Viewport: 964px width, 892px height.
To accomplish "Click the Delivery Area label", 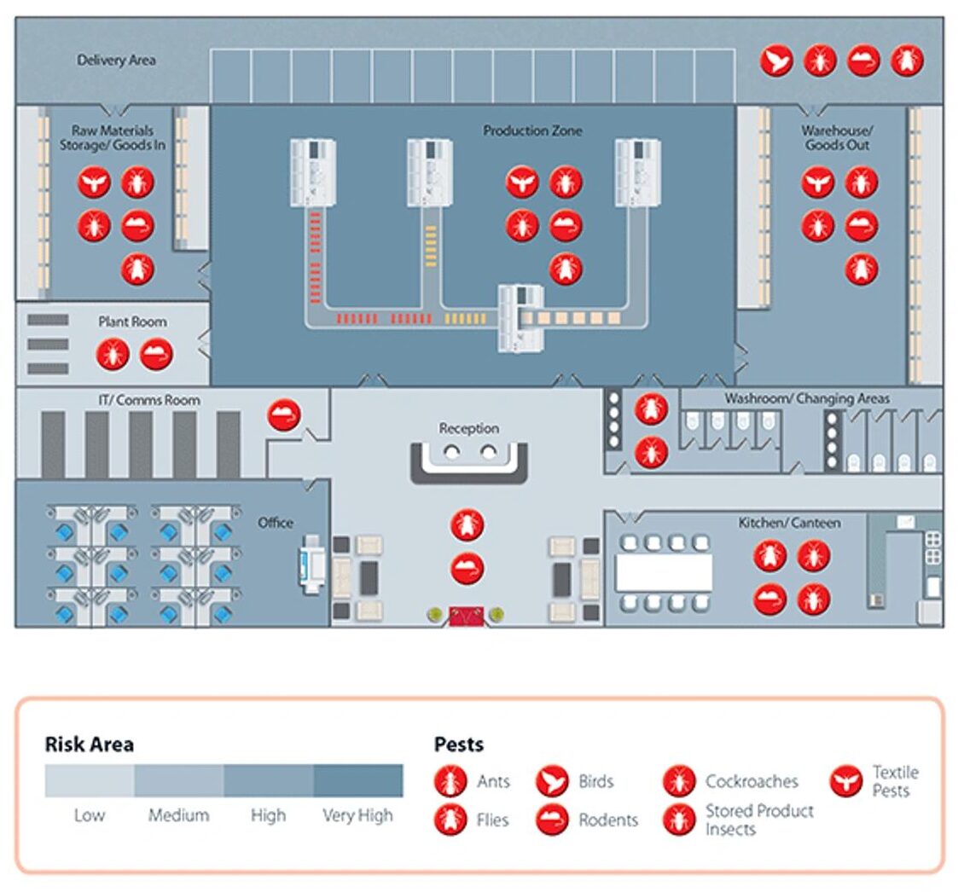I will coord(116,61).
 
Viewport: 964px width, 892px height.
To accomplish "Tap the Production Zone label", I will coord(532,130).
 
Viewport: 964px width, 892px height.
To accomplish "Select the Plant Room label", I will coord(132,321).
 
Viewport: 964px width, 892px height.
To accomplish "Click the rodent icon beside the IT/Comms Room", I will coord(284,415).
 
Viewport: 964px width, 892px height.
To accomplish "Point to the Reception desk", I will coord(468,460).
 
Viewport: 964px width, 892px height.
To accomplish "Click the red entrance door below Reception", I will coord(467,616).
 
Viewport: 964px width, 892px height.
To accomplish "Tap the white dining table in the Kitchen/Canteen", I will coord(664,572).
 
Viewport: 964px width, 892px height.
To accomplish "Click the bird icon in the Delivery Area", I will coord(776,61).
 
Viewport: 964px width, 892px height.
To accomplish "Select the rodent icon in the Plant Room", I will coord(156,354).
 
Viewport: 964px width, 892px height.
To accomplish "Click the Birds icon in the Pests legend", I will coord(552,781).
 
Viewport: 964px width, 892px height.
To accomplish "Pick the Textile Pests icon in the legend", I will coord(845,781).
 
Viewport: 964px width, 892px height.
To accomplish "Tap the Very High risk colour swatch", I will coord(358,780).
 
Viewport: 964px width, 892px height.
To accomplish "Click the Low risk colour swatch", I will coord(90,780).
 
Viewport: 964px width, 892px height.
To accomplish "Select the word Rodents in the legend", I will coord(608,820).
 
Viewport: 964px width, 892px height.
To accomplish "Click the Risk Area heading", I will coord(89,744).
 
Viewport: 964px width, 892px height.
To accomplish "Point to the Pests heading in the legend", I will coord(459,744).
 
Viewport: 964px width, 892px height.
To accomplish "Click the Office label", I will coord(276,523).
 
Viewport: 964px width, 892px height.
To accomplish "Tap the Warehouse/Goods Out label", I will coord(837,137).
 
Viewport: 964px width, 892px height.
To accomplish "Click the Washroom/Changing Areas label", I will coord(806,398).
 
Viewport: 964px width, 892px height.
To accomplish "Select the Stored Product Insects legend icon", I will coord(679,820).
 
